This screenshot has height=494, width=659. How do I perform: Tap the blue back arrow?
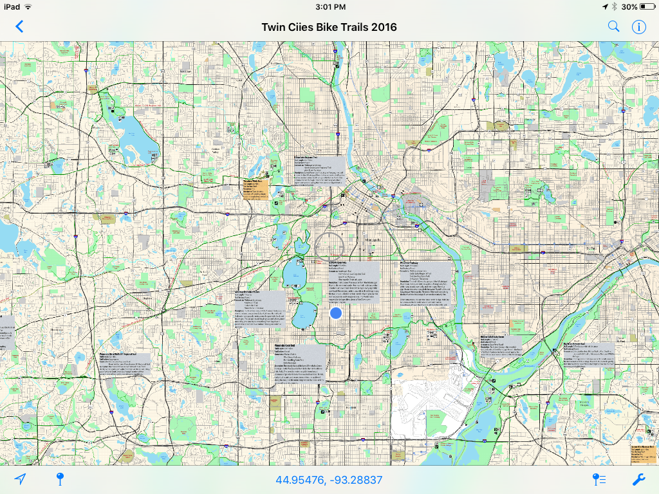pos(19,26)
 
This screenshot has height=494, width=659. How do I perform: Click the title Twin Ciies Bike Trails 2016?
pos(329,27)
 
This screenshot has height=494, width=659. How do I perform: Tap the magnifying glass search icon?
pos(614,26)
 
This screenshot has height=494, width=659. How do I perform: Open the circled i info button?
pos(638,26)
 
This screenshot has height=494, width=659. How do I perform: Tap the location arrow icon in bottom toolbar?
pos(21,479)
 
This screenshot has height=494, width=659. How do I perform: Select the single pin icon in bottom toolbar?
pos(60,479)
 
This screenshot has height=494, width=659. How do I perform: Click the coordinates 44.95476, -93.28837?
pos(329,480)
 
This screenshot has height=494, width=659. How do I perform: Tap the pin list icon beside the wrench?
pos(599,479)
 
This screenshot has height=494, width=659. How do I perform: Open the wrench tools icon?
pos(638,479)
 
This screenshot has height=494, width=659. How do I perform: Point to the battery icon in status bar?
pos(647,6)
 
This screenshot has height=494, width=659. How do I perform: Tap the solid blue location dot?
pos(335,313)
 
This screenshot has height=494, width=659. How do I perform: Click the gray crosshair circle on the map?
pos(330,245)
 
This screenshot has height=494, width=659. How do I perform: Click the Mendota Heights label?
pos(582,404)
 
